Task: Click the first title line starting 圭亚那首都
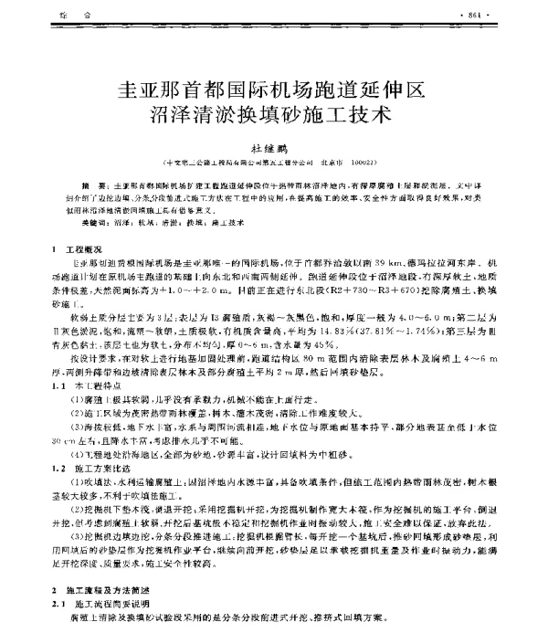pos(273,90)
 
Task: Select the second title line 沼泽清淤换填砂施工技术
pos(274,118)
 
